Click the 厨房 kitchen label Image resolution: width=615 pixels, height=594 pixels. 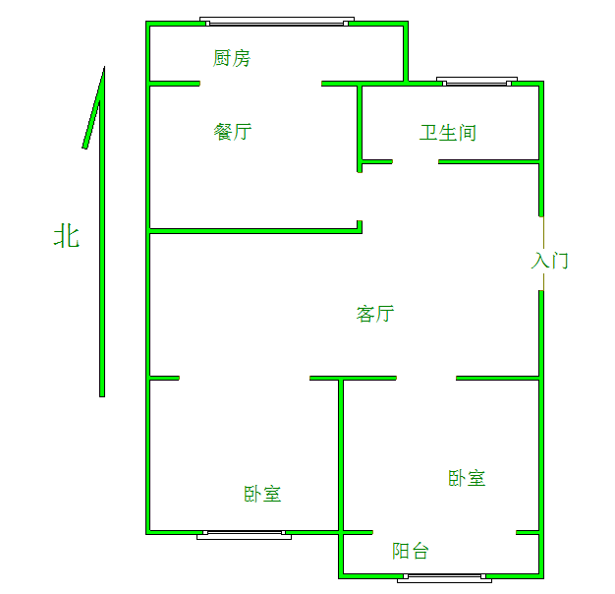click(232, 59)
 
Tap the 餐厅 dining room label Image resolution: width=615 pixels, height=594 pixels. click(233, 132)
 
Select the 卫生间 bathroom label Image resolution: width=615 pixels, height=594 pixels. click(448, 133)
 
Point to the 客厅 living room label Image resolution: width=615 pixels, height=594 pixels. click(375, 314)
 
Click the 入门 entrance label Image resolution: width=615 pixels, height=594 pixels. click(550, 261)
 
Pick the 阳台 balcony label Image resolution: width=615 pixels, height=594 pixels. click(411, 551)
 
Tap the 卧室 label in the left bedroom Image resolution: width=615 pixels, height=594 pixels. click(263, 494)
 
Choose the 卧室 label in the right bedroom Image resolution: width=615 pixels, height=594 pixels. click(468, 478)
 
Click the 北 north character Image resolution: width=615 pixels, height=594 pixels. click(67, 236)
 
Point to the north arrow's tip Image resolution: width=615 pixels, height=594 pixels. click(103, 69)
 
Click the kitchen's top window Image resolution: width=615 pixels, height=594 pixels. click(276, 21)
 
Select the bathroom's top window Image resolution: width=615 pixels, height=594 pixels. click(476, 83)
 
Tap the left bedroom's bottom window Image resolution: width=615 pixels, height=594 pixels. click(244, 535)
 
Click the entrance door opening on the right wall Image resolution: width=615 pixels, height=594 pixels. click(541, 253)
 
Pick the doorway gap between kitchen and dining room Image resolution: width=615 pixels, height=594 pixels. click(260, 84)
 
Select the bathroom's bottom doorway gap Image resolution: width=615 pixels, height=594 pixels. click(416, 161)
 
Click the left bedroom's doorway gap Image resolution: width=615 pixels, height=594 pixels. click(245, 378)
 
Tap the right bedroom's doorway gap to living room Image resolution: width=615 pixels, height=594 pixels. click(426, 378)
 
